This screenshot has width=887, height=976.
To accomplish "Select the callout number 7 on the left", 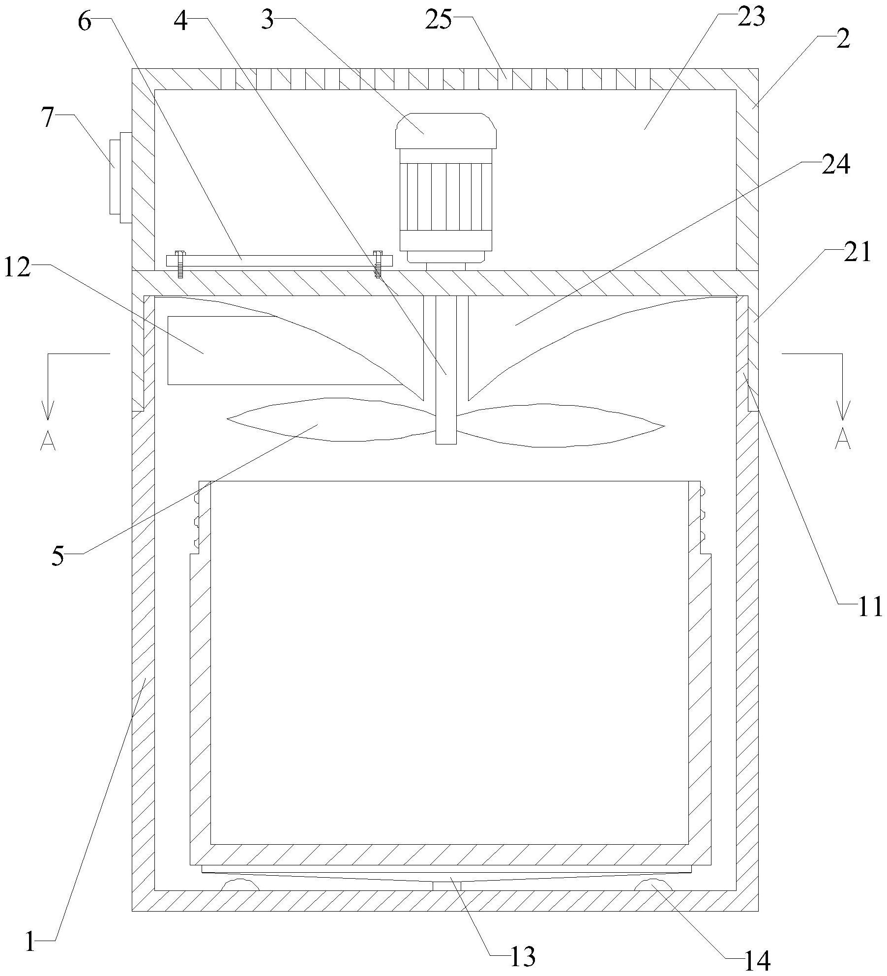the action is pyautogui.click(x=47, y=118).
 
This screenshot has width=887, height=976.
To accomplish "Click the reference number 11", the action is pyautogui.click(x=870, y=607).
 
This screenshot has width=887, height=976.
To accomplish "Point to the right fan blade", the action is pyautogui.click(x=561, y=425).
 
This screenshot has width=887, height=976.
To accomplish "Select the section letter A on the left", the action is pyautogui.click(x=48, y=440).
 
